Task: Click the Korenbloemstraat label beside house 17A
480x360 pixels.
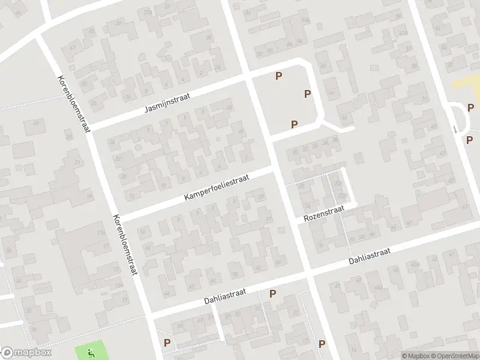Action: (x=125, y=245)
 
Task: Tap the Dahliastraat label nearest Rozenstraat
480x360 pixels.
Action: (x=370, y=258)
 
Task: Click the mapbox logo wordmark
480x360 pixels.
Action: (x=27, y=353)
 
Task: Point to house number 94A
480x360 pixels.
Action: (x=306, y=19)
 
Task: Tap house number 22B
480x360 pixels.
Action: (x=343, y=196)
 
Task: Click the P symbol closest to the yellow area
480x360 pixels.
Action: (x=470, y=108)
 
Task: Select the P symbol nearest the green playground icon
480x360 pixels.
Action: (x=167, y=343)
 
